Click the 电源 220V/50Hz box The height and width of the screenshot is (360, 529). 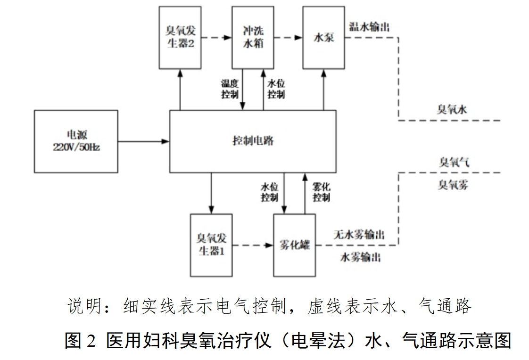pos(76,141)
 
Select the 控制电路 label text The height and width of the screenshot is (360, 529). pos(253,141)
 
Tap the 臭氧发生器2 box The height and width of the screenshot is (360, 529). pos(180,37)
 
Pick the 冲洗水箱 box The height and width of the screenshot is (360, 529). pos(253,37)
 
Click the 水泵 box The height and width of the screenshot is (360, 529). pos(323,37)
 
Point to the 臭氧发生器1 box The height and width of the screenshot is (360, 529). pos(211,245)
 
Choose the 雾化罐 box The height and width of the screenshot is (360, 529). pos(295,245)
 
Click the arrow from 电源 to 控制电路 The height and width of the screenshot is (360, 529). pos(143,141)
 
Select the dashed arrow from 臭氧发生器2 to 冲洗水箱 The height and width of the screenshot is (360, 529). pos(216,37)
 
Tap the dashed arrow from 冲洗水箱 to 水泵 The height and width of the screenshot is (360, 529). pos(288,37)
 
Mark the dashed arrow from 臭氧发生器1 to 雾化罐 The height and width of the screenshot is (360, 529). pos(253,245)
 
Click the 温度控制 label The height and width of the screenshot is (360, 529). pos(230,89)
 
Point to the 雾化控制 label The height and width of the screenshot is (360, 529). pos(321,192)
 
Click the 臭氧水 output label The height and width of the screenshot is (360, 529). pos(451,110)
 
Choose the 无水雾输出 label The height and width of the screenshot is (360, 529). pos(359,234)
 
